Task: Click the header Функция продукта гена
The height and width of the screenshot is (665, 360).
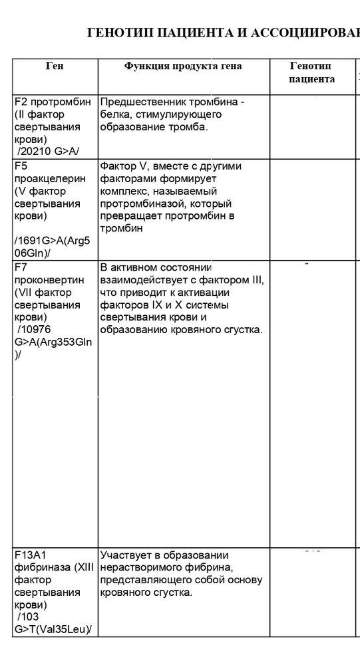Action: (x=183, y=66)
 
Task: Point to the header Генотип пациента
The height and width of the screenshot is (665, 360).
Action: (x=311, y=72)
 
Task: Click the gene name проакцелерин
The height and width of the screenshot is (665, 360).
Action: (x=50, y=178)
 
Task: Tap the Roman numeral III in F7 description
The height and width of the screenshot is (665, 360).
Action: (x=258, y=280)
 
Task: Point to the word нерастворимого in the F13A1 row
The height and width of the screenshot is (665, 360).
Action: (x=137, y=567)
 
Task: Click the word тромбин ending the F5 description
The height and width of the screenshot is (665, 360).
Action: (x=121, y=229)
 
